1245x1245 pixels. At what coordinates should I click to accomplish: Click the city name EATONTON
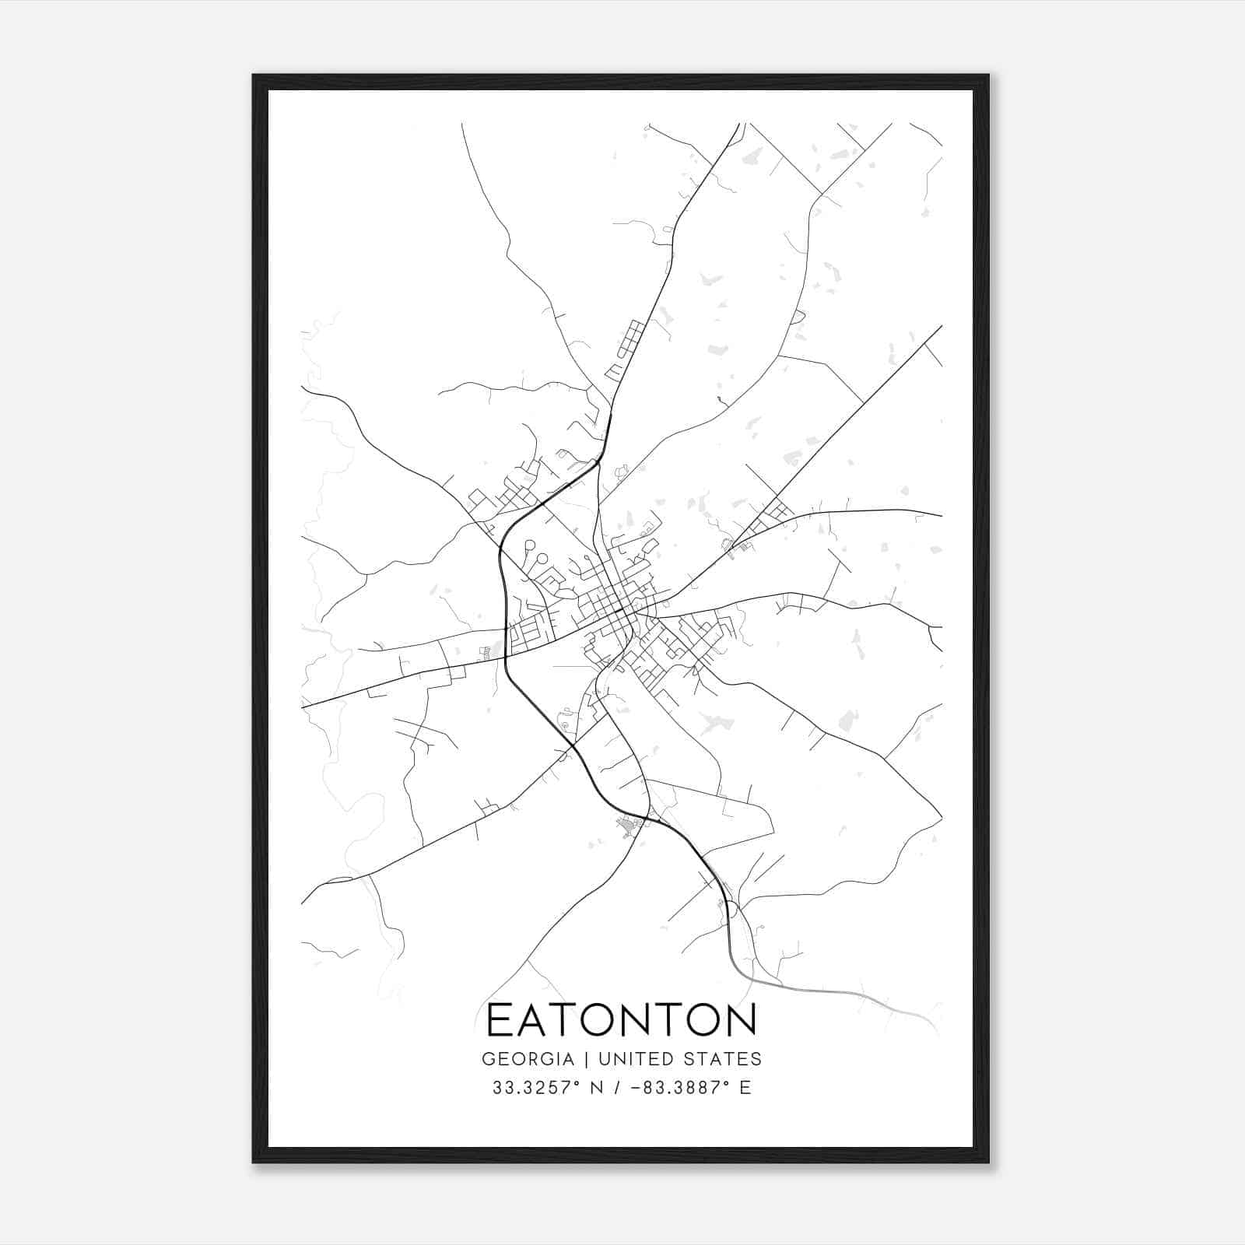click(621, 1020)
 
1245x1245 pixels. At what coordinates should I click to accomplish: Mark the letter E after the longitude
click(745, 1088)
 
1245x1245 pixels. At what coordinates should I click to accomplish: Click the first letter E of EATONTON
click(499, 1020)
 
